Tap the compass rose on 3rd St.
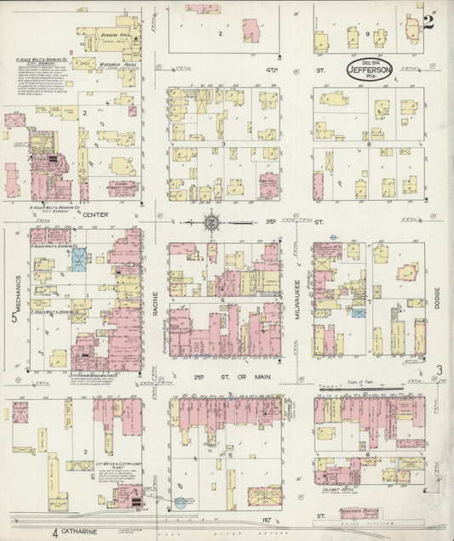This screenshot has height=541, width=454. [211, 225]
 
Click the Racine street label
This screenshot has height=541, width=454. [156, 307]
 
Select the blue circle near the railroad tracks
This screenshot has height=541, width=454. [181, 503]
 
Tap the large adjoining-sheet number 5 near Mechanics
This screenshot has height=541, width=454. [14, 320]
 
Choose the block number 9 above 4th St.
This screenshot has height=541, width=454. [368, 33]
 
